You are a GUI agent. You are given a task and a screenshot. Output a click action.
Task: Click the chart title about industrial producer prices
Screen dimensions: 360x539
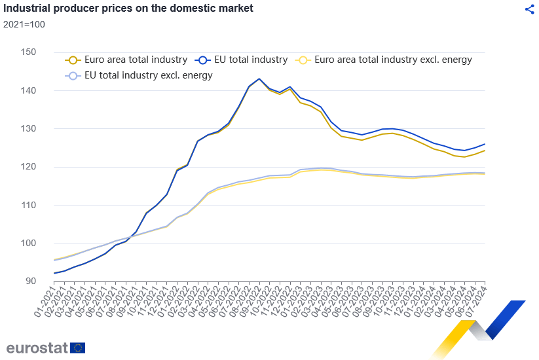click(x=128, y=9)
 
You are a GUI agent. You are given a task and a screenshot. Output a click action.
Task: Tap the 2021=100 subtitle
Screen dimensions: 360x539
click(x=24, y=24)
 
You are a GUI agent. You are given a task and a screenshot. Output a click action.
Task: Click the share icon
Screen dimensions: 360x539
click(x=530, y=9)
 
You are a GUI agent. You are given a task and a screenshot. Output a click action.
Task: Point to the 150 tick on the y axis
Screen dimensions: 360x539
click(x=28, y=52)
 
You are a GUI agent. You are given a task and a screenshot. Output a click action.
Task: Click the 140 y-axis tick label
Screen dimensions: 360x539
click(x=28, y=90)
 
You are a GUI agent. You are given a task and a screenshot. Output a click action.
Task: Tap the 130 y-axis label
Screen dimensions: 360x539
click(x=28, y=128)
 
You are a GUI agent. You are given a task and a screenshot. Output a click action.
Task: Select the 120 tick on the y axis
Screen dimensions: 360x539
click(x=28, y=167)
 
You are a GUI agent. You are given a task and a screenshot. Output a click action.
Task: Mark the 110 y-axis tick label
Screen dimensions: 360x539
click(x=28, y=205)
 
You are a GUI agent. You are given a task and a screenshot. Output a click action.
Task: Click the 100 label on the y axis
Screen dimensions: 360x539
click(x=28, y=243)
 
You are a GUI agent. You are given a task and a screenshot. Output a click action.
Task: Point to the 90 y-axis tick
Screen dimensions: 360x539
click(x=30, y=281)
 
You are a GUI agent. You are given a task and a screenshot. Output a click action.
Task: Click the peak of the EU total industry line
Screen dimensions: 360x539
click(x=259, y=79)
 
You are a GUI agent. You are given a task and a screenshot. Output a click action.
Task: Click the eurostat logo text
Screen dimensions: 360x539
click(x=37, y=348)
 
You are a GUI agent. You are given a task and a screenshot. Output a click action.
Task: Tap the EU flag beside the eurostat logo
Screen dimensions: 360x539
click(x=78, y=348)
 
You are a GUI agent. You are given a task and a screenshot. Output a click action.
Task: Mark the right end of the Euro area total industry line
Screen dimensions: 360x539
click(x=485, y=151)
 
